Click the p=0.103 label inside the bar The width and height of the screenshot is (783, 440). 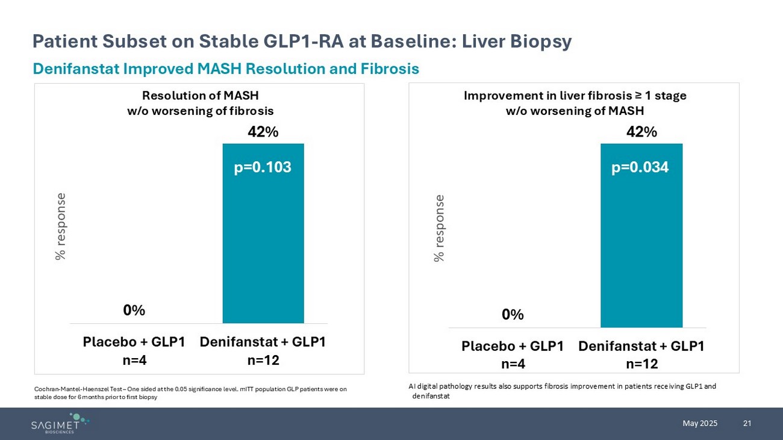263,167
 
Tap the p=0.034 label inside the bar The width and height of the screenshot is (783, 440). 640,167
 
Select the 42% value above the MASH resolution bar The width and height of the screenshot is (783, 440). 263,132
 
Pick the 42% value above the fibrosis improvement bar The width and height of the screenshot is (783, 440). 641,132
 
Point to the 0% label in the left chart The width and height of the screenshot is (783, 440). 134,310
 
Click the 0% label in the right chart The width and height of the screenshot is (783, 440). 513,314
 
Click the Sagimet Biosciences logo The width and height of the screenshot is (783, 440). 60,423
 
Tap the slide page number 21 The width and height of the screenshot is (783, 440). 747,423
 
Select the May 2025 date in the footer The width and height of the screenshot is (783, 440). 700,423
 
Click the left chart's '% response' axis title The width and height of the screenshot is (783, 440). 60,226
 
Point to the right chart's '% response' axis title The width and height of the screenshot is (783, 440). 439,228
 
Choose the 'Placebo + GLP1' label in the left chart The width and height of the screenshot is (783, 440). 134,342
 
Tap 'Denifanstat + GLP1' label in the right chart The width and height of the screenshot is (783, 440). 641,346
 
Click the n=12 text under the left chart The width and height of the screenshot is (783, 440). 263,360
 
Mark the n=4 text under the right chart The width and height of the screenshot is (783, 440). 513,364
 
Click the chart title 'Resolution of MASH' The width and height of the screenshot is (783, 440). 200,96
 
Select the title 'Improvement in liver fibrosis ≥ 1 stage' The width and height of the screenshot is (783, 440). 575,96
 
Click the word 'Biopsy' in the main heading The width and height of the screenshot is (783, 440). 541,41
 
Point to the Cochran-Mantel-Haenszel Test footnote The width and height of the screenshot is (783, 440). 190,392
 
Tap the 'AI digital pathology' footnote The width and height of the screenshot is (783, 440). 562,391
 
